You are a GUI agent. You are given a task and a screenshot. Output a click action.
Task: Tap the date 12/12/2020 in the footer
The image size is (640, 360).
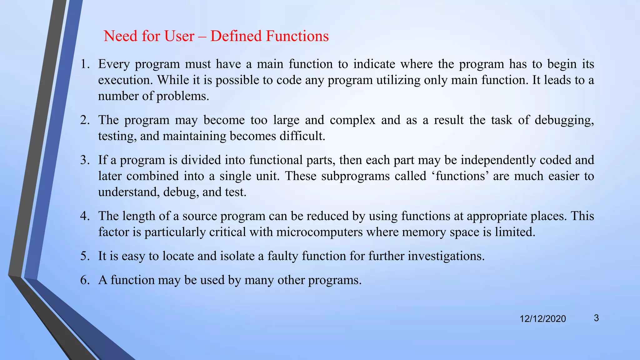pos(542,319)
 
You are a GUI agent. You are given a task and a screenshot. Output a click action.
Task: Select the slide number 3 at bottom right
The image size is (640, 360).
pos(596,318)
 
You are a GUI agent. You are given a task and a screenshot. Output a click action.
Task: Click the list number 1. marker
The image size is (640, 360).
pos(85,64)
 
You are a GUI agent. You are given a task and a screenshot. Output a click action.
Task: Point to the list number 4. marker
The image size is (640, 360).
pos(85,216)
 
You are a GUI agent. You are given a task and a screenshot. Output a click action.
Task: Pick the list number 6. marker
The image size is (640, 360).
pos(85,280)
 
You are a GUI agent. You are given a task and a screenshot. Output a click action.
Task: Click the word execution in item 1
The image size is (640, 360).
pos(125,80)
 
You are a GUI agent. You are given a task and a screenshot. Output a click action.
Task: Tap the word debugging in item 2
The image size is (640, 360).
pos(564,120)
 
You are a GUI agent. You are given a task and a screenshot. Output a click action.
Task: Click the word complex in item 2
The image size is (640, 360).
pos(352,120)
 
